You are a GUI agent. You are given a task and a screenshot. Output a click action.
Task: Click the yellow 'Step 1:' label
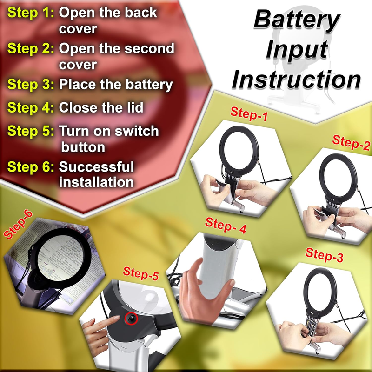[x=31, y=13]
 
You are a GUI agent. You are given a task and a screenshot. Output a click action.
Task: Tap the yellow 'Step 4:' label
[x=31, y=108]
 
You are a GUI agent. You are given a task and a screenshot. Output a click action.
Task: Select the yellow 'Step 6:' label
[x=31, y=167]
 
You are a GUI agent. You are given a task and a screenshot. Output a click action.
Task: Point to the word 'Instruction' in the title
[x=296, y=80]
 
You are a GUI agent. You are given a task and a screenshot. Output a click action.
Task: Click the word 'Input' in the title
[x=297, y=50]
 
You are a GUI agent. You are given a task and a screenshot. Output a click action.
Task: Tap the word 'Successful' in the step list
[x=96, y=166]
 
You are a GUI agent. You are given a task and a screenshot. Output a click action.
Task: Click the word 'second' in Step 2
[x=149, y=48]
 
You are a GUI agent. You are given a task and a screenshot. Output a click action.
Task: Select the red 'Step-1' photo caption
[x=249, y=114]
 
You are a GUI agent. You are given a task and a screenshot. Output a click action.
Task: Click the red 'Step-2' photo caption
[x=351, y=142]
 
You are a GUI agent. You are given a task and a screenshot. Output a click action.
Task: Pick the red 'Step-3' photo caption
[x=324, y=255]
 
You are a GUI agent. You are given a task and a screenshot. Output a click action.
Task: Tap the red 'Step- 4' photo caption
[x=226, y=226]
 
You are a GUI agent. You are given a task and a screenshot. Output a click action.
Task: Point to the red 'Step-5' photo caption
[x=141, y=273]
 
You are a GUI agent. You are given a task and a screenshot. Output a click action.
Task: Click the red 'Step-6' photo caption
[x=18, y=225]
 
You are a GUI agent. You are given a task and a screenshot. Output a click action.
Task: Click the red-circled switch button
[x=131, y=319]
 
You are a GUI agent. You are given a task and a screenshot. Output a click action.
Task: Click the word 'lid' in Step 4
[x=135, y=107]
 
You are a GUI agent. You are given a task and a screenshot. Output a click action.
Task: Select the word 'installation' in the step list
[x=96, y=182]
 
